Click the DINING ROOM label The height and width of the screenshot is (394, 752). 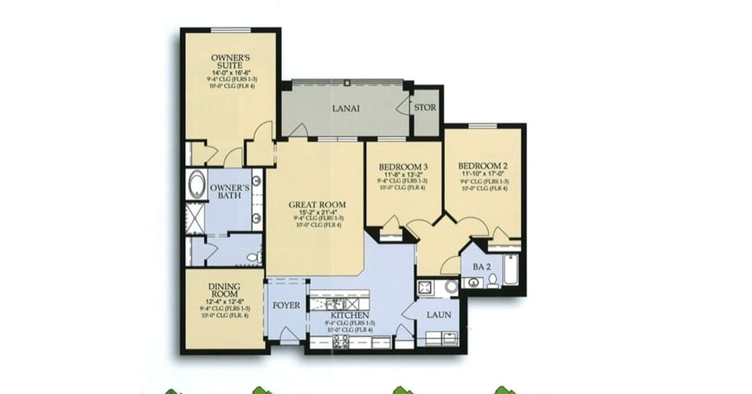click(224, 291)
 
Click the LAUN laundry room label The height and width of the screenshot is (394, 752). click(439, 314)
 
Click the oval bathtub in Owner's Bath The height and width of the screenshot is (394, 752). click(196, 186)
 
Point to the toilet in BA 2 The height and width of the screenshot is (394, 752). click(493, 281)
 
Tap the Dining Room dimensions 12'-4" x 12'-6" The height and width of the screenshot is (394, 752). click(224, 301)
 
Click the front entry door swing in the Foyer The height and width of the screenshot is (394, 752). click(288, 335)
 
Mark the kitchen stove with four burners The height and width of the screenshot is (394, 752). click(342, 342)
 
